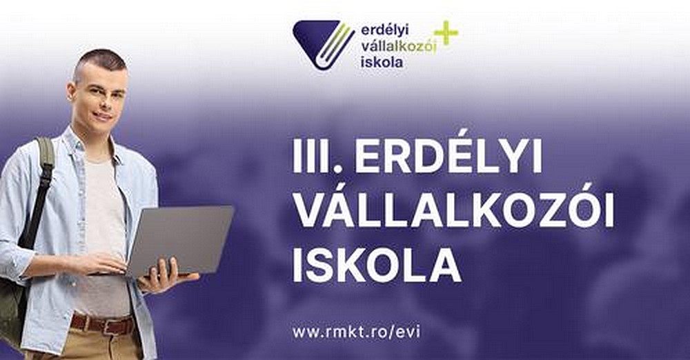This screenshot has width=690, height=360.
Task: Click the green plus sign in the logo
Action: pos(446,33)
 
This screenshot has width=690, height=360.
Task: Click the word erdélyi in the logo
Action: pos(384,30)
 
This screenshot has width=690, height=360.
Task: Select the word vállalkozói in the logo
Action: pos(398,46)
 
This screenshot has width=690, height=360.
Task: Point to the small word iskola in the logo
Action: pos(382,62)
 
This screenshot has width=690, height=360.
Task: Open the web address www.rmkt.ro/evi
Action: pos(356,332)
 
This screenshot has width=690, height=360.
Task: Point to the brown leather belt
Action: pos(103,325)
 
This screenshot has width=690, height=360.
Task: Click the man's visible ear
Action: pos(70,91)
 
